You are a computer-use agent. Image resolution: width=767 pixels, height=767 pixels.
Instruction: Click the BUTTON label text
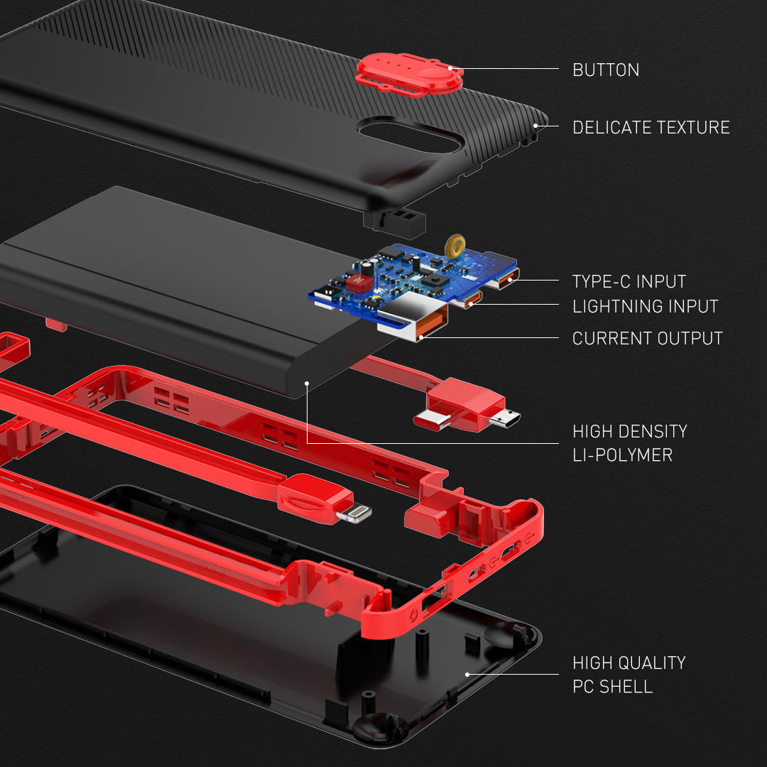pyautogui.click(x=606, y=70)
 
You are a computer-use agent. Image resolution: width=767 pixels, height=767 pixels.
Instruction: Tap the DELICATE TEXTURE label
pyautogui.click(x=651, y=128)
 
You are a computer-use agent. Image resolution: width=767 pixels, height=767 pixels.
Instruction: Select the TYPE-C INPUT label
pyautogui.click(x=629, y=281)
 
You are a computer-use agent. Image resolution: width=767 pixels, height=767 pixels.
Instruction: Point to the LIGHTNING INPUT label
pyautogui.click(x=645, y=307)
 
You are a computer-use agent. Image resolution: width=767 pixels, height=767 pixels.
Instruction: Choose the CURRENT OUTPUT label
pyautogui.click(x=647, y=339)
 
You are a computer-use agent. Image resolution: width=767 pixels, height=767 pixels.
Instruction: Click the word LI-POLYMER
pyautogui.click(x=622, y=455)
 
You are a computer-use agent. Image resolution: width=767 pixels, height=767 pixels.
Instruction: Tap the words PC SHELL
pyautogui.click(x=612, y=687)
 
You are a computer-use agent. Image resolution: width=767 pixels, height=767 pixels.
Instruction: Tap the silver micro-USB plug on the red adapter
pyautogui.click(x=504, y=418)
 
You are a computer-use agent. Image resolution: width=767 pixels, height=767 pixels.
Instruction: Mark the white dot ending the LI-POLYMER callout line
pyautogui.click(x=307, y=383)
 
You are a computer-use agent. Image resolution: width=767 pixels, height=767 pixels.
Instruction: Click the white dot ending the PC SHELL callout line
pyautogui.click(x=467, y=674)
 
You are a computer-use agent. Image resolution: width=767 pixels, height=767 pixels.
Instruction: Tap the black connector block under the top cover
pyautogui.click(x=394, y=222)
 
